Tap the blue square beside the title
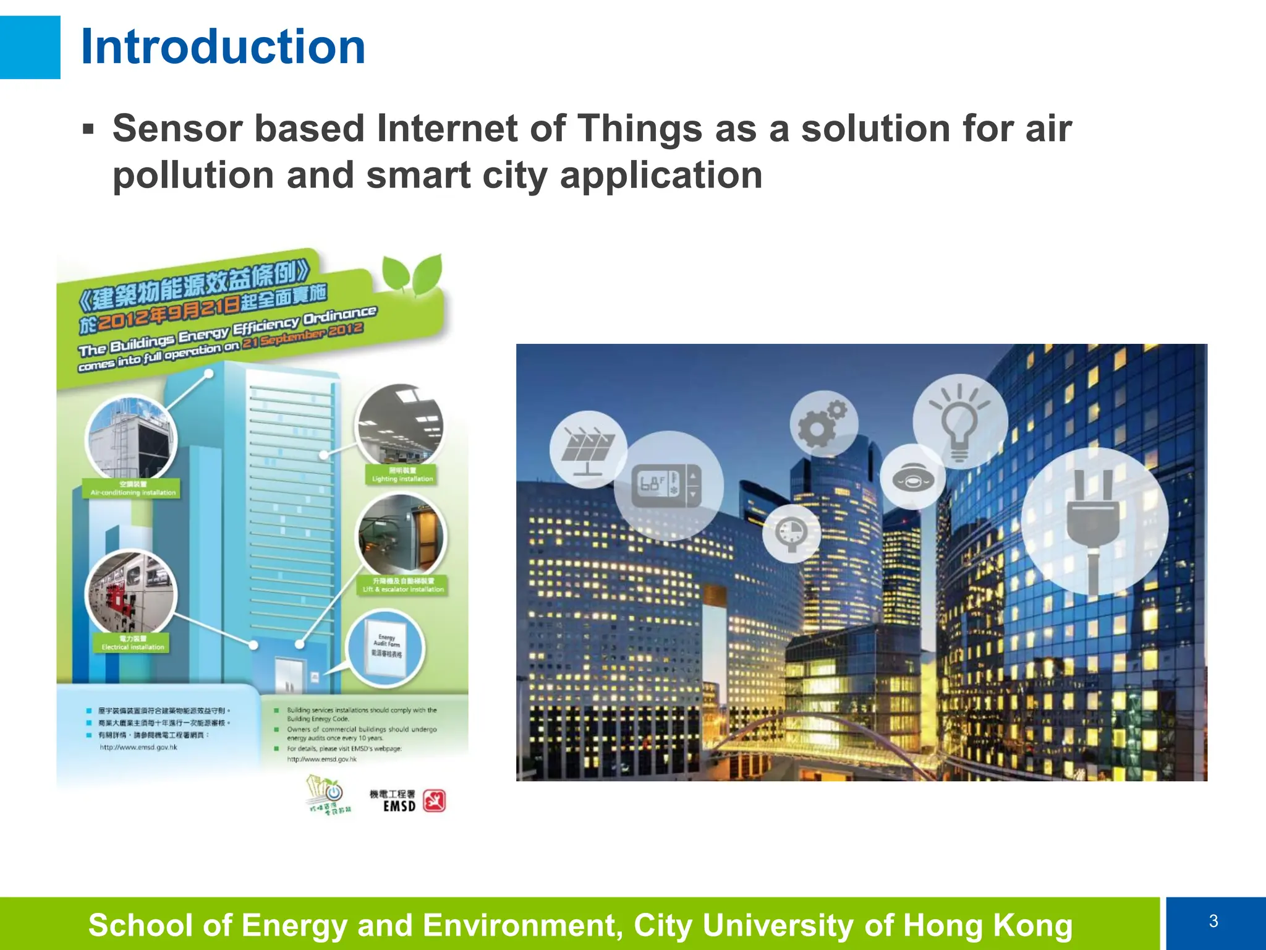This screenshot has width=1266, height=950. click(30, 47)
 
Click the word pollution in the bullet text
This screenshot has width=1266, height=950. click(193, 176)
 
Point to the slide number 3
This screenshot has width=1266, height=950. click(1213, 922)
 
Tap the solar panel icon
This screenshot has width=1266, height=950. click(588, 450)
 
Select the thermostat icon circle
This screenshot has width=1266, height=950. click(668, 486)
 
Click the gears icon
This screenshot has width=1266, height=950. click(823, 424)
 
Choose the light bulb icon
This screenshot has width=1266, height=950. click(959, 422)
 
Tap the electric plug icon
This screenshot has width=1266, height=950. click(1094, 521)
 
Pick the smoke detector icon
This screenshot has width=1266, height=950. click(913, 477)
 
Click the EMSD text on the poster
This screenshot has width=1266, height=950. click(399, 806)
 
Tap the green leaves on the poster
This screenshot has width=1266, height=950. click(412, 273)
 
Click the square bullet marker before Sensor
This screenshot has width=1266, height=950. click(88, 129)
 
